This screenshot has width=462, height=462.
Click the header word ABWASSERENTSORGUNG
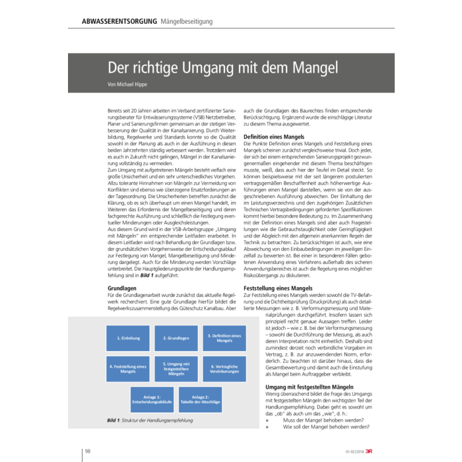[119, 22]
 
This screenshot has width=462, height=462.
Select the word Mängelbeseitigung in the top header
[187, 22]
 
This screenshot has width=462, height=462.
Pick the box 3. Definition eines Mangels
[224, 337]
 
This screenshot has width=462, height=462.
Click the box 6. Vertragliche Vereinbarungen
[224, 367]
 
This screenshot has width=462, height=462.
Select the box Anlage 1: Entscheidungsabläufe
[152, 399]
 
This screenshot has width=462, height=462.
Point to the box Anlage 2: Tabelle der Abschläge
[201, 399]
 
